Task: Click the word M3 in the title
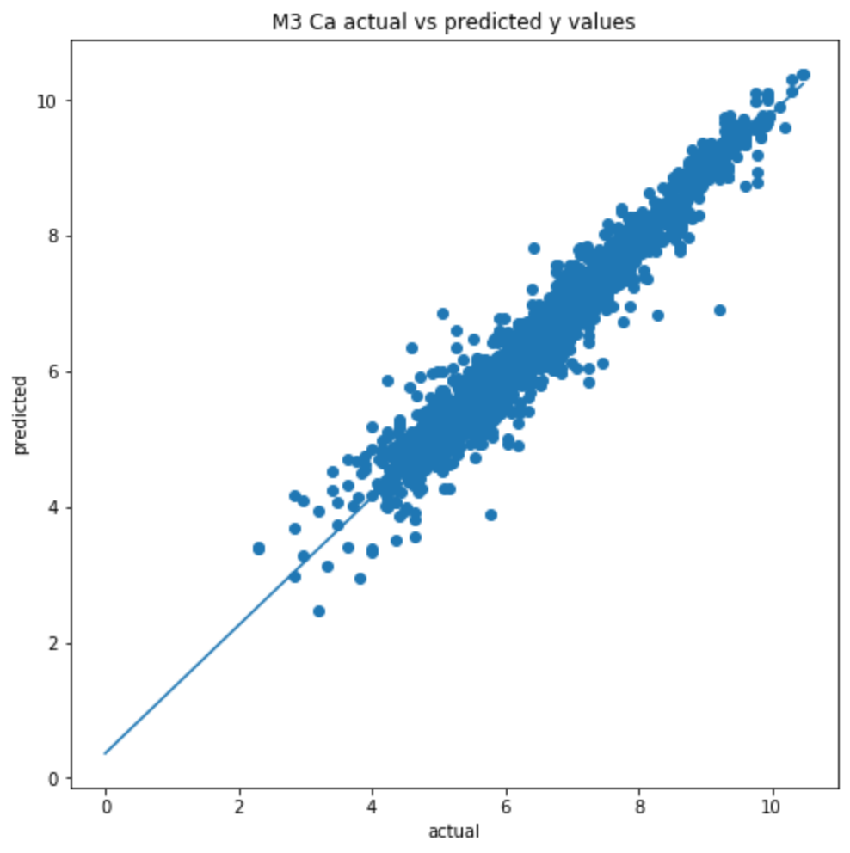point(285,23)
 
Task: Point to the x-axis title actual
point(453,832)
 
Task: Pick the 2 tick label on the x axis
point(239,807)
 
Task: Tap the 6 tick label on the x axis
point(506,807)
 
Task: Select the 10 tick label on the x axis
point(773,807)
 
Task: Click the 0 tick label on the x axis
point(106,807)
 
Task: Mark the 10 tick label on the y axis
point(46,101)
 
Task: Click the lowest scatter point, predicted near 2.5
point(319,611)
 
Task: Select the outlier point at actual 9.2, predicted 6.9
point(720,310)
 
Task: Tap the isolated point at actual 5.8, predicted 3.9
point(491,515)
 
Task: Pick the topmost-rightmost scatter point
point(804,75)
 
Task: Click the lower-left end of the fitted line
point(105,753)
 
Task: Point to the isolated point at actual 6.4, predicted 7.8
point(533,249)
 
